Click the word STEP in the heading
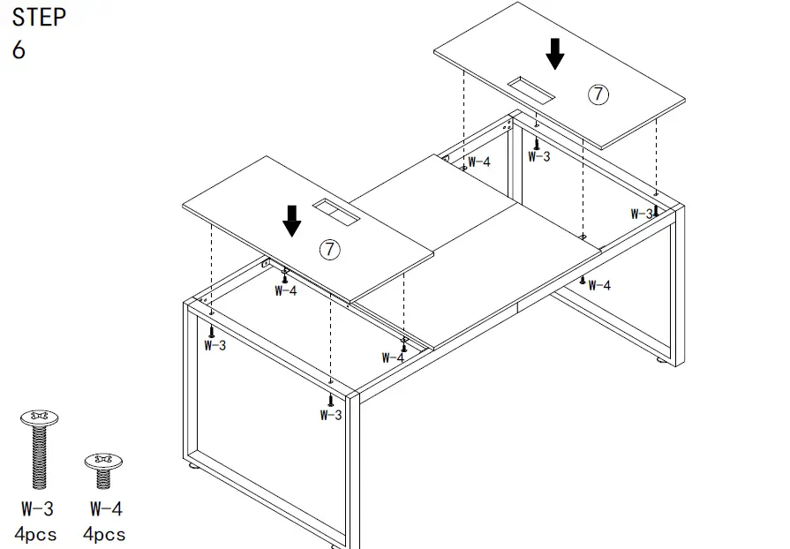(x=39, y=17)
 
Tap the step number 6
(x=19, y=50)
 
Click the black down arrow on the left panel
(x=291, y=220)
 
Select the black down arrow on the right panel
(x=554, y=53)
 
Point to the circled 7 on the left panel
(x=328, y=249)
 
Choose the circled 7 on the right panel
(x=598, y=94)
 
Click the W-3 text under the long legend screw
(x=38, y=509)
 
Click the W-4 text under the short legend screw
(x=105, y=509)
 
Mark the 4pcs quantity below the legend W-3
(x=36, y=534)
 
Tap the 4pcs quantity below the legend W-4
(x=104, y=534)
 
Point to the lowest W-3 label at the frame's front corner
(x=331, y=415)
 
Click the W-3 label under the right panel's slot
(x=538, y=156)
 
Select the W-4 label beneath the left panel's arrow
(x=285, y=290)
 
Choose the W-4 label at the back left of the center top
(x=478, y=162)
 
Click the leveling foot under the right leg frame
(x=659, y=362)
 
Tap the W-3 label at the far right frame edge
(x=642, y=214)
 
